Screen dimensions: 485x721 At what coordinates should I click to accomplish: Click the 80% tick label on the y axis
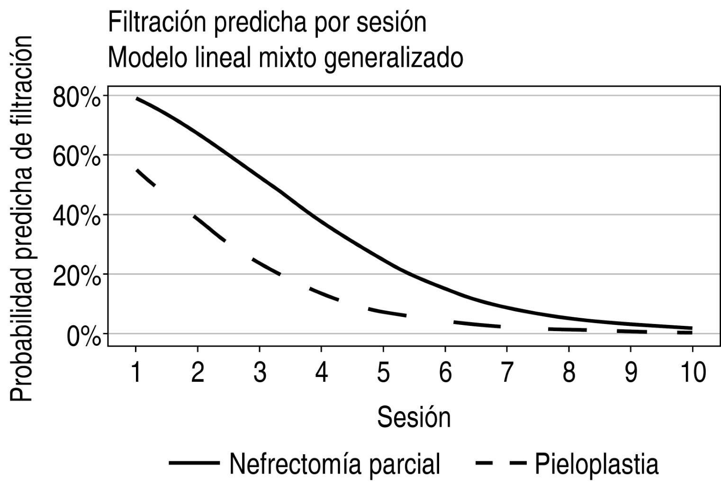(x=77, y=98)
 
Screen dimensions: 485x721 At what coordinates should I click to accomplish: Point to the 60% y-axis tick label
(x=77, y=157)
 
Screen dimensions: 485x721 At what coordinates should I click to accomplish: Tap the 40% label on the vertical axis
(x=77, y=217)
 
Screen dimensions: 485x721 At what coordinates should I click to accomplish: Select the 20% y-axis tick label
(x=77, y=277)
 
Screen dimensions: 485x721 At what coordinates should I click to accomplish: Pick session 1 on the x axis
(x=136, y=373)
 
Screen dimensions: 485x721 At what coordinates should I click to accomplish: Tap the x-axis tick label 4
(x=321, y=373)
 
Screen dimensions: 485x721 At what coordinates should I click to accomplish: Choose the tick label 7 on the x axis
(x=507, y=373)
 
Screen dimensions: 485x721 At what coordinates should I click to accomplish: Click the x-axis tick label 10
(x=692, y=373)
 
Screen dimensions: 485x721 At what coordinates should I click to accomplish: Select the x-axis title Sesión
(x=414, y=417)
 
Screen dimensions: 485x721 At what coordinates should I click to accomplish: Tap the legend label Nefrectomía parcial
(x=334, y=463)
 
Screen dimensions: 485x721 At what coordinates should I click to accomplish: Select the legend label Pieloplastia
(x=596, y=463)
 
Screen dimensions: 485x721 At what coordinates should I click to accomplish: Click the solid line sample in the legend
(x=194, y=463)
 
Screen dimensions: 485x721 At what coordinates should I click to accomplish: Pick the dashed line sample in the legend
(x=501, y=463)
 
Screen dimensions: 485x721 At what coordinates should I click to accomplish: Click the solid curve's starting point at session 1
(x=137, y=99)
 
